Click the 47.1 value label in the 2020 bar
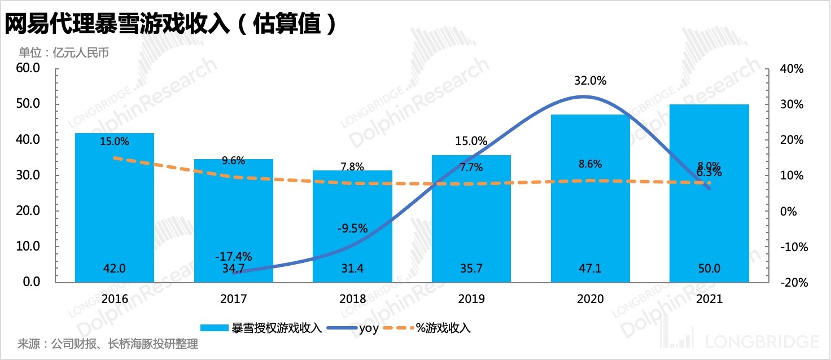pos(591,269)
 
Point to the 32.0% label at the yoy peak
pos(590,81)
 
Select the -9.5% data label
pos(352,229)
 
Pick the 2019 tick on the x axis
pos(471,299)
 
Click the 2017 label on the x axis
pos(233,299)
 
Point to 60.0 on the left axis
pos(27,68)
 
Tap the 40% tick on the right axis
pos(790,69)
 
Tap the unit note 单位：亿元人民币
pos(63,53)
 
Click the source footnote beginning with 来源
pos(108,344)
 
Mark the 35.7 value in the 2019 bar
pos(471,269)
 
